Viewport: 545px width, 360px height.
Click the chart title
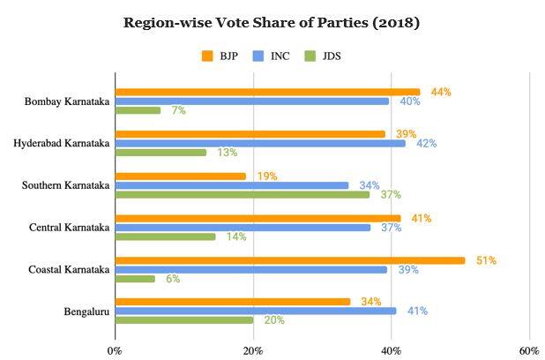click(272, 23)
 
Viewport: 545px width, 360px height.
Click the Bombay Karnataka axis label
click(68, 101)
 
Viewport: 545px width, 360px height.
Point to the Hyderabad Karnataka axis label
click(62, 143)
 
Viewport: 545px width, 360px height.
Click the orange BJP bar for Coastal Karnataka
click(290, 260)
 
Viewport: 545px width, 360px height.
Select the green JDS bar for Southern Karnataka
click(243, 194)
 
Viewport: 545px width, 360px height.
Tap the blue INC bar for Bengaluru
click(256, 311)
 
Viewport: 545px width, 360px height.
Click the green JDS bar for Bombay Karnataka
click(138, 110)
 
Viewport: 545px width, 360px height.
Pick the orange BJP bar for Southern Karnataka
click(181, 176)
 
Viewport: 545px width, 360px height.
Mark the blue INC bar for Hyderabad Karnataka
click(260, 143)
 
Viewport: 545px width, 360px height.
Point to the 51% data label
click(486, 260)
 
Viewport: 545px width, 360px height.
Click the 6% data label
click(173, 279)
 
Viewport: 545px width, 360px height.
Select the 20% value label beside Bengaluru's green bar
click(273, 320)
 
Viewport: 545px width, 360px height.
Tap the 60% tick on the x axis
click(528, 350)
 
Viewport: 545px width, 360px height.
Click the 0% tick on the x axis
click(115, 350)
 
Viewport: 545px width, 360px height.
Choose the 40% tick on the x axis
click(391, 350)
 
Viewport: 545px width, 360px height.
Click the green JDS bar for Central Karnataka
click(166, 236)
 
